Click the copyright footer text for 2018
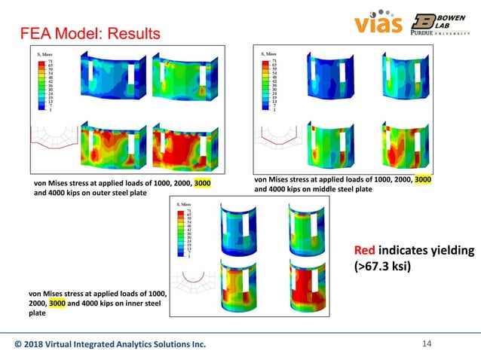tap(110, 345)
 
